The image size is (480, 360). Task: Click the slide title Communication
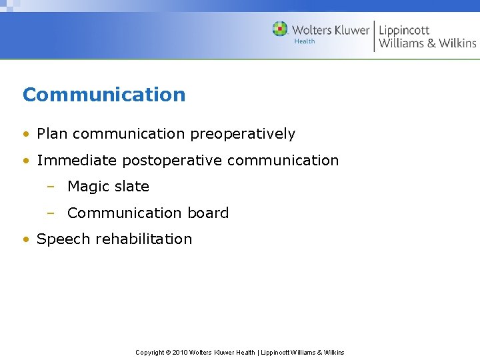click(x=104, y=95)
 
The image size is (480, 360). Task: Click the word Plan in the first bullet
click(x=53, y=134)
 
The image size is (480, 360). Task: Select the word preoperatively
click(x=243, y=134)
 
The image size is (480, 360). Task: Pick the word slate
click(x=131, y=187)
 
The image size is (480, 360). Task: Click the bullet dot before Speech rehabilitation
click(x=26, y=239)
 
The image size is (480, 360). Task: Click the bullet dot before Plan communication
click(x=26, y=134)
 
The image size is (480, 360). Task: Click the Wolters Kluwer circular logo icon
click(x=280, y=29)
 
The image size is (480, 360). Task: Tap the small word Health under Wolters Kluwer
click(x=304, y=41)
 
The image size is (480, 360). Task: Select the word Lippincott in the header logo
click(x=404, y=30)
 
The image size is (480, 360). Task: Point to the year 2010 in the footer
click(x=179, y=353)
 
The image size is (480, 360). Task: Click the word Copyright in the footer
click(x=150, y=353)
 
